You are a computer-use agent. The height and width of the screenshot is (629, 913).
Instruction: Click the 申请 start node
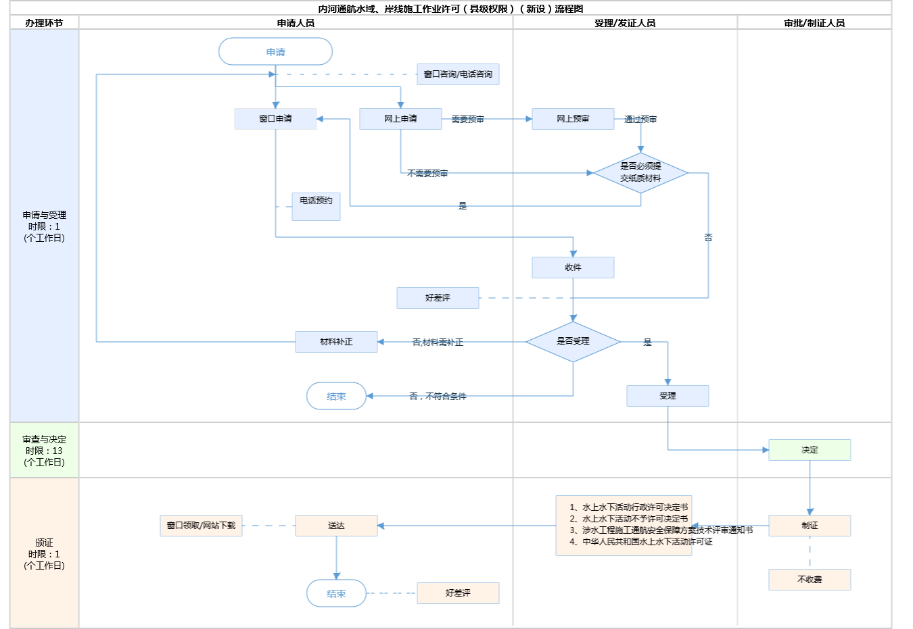click(275, 52)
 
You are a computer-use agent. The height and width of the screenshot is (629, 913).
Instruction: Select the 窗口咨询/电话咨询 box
click(458, 74)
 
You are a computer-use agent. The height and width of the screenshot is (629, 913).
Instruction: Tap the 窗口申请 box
click(275, 119)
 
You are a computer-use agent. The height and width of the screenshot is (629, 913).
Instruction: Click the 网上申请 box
click(400, 119)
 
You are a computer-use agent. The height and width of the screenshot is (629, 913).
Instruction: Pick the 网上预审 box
click(573, 119)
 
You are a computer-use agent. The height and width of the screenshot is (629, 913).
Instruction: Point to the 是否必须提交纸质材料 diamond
click(640, 173)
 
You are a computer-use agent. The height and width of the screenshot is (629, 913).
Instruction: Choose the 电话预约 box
click(316, 206)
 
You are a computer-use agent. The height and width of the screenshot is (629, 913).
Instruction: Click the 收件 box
click(573, 268)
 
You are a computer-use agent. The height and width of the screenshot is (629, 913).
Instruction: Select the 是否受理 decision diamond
click(573, 342)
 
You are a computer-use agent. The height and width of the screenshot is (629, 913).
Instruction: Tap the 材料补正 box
click(336, 342)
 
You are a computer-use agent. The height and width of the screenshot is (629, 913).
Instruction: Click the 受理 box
click(668, 396)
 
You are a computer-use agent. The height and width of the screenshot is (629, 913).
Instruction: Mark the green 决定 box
click(810, 450)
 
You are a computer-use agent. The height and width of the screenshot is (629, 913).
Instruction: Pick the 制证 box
click(810, 526)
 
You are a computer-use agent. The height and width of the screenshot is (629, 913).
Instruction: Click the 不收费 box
click(810, 580)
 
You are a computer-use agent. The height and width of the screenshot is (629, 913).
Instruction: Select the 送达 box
click(336, 526)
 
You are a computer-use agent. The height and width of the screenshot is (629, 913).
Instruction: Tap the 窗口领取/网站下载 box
click(201, 526)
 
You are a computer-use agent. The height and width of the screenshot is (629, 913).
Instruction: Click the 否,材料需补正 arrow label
click(438, 343)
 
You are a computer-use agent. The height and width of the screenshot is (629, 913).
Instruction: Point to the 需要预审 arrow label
click(467, 120)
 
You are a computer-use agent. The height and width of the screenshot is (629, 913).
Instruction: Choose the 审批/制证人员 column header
click(814, 23)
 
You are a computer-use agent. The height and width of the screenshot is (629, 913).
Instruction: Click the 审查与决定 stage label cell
click(44, 451)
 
